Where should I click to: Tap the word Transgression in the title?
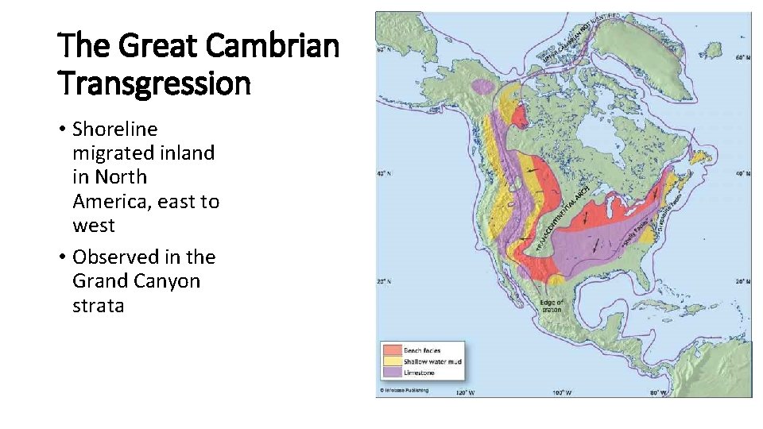pos(154,82)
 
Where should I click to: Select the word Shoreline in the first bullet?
pos(115,129)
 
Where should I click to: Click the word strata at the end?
pos(99,306)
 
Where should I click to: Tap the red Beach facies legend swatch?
pos(392,350)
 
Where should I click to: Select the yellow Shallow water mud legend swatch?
pos(392,361)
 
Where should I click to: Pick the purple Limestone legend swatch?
pos(392,372)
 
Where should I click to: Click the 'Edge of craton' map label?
pos(550,305)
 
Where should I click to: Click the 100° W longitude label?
pos(563,392)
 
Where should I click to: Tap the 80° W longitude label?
pos(659,392)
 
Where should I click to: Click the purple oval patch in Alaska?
pos(482,85)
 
